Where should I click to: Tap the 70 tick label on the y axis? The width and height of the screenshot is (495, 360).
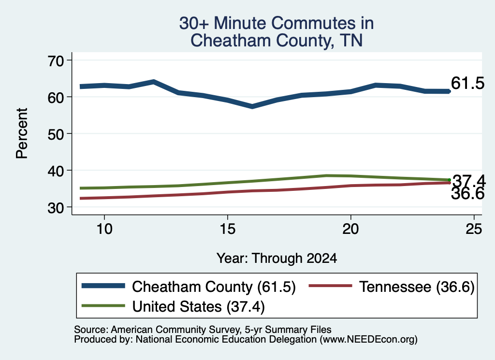pos(56,61)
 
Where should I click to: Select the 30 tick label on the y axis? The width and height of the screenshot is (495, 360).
pos(56,208)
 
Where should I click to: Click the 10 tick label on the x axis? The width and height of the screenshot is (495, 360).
pos(104,229)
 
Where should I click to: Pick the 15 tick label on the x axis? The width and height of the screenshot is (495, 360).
pos(228,229)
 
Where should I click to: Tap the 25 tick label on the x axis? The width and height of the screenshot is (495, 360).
pos(474,229)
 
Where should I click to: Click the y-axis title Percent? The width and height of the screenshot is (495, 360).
pos(22,133)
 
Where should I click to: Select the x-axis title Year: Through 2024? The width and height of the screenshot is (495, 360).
pos(277,259)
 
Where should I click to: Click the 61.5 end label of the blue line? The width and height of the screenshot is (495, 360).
pos(467,83)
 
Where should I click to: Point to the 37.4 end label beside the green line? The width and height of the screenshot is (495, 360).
pos(469,181)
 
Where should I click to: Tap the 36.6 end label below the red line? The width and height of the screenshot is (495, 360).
pos(467,193)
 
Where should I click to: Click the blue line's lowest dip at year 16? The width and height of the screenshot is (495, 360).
pos(252,106)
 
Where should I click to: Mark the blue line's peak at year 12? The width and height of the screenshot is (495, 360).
pos(153,82)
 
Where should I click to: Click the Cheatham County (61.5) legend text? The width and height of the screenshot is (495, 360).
pos(214,287)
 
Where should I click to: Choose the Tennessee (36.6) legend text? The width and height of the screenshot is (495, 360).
pos(417,287)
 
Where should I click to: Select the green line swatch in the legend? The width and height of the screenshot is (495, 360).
pos(103,305)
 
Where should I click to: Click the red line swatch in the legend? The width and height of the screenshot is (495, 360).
pos(331,286)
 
